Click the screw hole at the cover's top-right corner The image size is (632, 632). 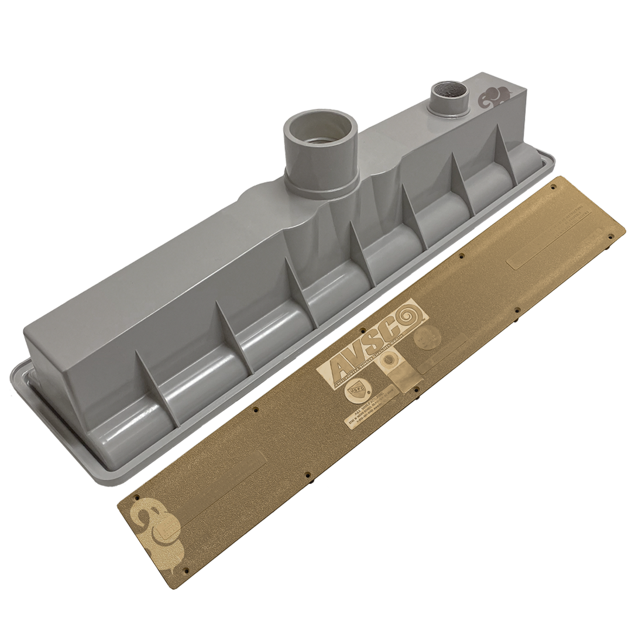click(x=611, y=236)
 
